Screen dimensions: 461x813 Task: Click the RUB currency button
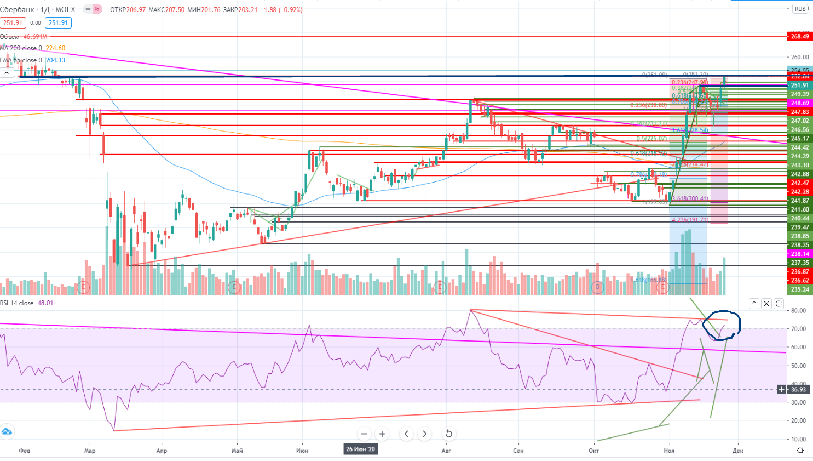click(800, 9)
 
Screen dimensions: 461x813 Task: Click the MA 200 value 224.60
click(55, 48)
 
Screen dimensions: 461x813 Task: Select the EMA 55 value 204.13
click(55, 60)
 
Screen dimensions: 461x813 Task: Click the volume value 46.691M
click(35, 37)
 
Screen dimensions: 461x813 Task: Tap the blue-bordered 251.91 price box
click(58, 23)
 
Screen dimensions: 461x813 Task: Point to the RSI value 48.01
click(45, 303)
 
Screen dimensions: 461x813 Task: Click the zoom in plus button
click(382, 434)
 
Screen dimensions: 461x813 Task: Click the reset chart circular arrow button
click(448, 434)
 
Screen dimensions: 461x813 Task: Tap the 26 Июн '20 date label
click(360, 449)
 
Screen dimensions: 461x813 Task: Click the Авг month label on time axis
click(446, 451)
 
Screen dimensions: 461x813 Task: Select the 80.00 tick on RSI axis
click(799, 311)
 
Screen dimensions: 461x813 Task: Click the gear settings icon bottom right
click(800, 451)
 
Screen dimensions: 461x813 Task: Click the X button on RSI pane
click(766, 304)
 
